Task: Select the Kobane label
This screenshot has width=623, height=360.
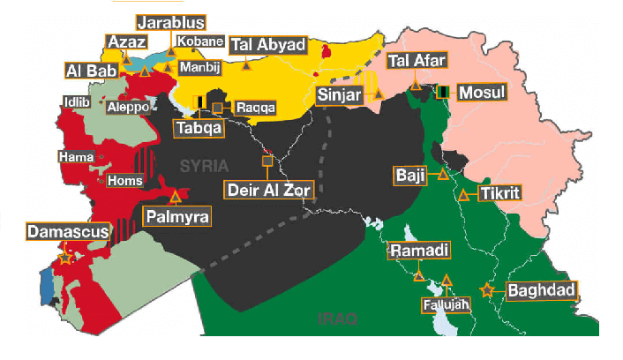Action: click(193, 41)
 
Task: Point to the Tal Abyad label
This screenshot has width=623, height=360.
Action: click(267, 45)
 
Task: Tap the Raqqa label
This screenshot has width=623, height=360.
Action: click(256, 108)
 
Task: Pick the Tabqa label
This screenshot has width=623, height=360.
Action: click(198, 128)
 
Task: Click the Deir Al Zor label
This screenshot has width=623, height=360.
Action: click(263, 188)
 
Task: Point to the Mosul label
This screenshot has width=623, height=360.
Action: click(484, 92)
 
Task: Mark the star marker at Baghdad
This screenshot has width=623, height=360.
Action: click(485, 289)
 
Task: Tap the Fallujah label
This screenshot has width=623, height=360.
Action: click(447, 305)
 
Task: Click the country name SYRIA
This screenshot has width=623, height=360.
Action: click(204, 165)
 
